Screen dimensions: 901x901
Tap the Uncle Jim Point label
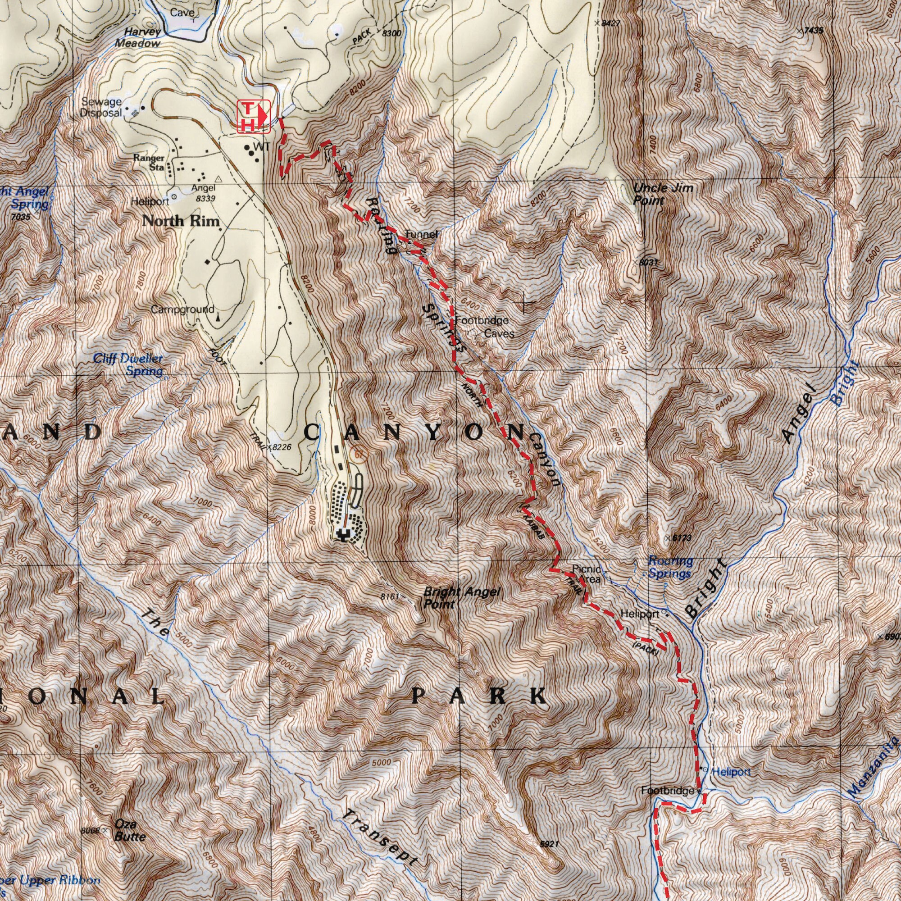pyautogui.click(x=662, y=194)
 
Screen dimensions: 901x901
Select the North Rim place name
pyautogui.click(x=181, y=221)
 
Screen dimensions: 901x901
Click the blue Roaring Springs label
pyautogui.click(x=670, y=567)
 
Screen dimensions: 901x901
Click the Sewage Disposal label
pyautogui.click(x=101, y=107)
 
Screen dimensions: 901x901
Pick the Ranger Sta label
pyautogui.click(x=149, y=162)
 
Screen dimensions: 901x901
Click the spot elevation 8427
pyautogui.click(x=610, y=23)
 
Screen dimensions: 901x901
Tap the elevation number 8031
pyautogui.click(x=649, y=263)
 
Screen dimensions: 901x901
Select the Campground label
pyautogui.click(x=182, y=309)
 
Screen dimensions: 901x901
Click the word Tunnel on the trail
pyautogui.click(x=421, y=234)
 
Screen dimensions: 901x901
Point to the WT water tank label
pyautogui.click(x=261, y=147)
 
